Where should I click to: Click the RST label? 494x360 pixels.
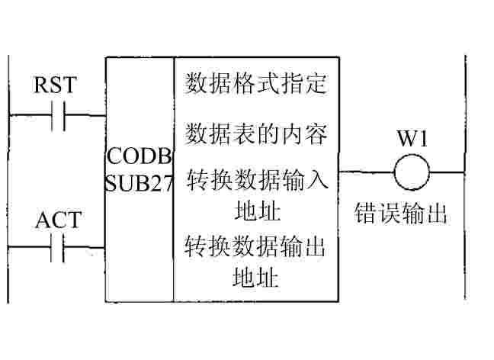coord(56,85)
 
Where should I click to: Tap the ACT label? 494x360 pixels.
coord(58,220)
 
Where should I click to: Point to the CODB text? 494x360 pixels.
coord(140,156)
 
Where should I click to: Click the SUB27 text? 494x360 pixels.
coord(140,183)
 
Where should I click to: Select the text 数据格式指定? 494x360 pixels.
coord(256,83)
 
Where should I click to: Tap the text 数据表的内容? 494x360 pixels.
coord(256,133)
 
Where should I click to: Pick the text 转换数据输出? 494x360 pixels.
coord(256,249)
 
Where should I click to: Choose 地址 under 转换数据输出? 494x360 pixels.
coord(256,276)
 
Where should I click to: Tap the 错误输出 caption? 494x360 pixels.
coord(400,214)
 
